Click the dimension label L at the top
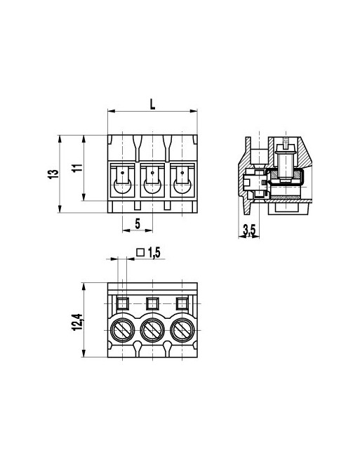point(153,104)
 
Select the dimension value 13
point(52,173)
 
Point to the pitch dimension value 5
point(138,223)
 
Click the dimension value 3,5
point(248,230)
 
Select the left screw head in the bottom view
point(122,329)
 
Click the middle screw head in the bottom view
point(152,329)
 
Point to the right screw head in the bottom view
point(182,329)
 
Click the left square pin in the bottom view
point(122,303)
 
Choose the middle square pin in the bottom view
point(152,303)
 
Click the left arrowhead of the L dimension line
point(109,111)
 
